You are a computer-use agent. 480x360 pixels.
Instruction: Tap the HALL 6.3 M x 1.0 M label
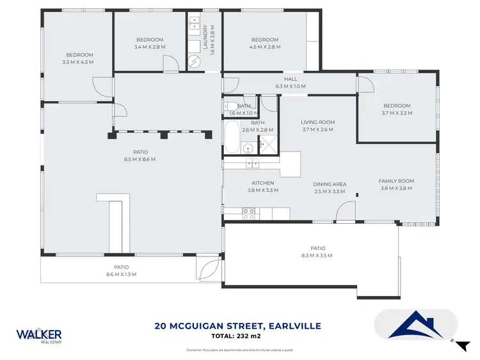(291, 82)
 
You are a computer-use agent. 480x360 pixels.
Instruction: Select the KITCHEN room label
(262, 186)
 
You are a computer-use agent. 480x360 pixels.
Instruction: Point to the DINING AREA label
(330, 187)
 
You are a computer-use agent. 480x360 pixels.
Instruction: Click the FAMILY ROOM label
(397, 185)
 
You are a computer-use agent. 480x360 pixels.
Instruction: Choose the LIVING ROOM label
(318, 126)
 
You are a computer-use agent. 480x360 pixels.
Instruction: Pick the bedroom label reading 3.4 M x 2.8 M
(150, 43)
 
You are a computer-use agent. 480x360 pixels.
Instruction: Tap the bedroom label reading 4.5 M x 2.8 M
(264, 43)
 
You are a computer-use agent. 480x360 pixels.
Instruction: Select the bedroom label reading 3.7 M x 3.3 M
(397, 109)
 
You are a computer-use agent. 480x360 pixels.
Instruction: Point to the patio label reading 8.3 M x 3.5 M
(317, 252)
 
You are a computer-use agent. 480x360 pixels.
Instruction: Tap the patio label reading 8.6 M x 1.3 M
(122, 270)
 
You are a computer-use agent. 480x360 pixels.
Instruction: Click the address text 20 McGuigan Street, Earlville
(237, 326)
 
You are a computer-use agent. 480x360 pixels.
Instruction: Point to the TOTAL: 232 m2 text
(238, 336)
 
